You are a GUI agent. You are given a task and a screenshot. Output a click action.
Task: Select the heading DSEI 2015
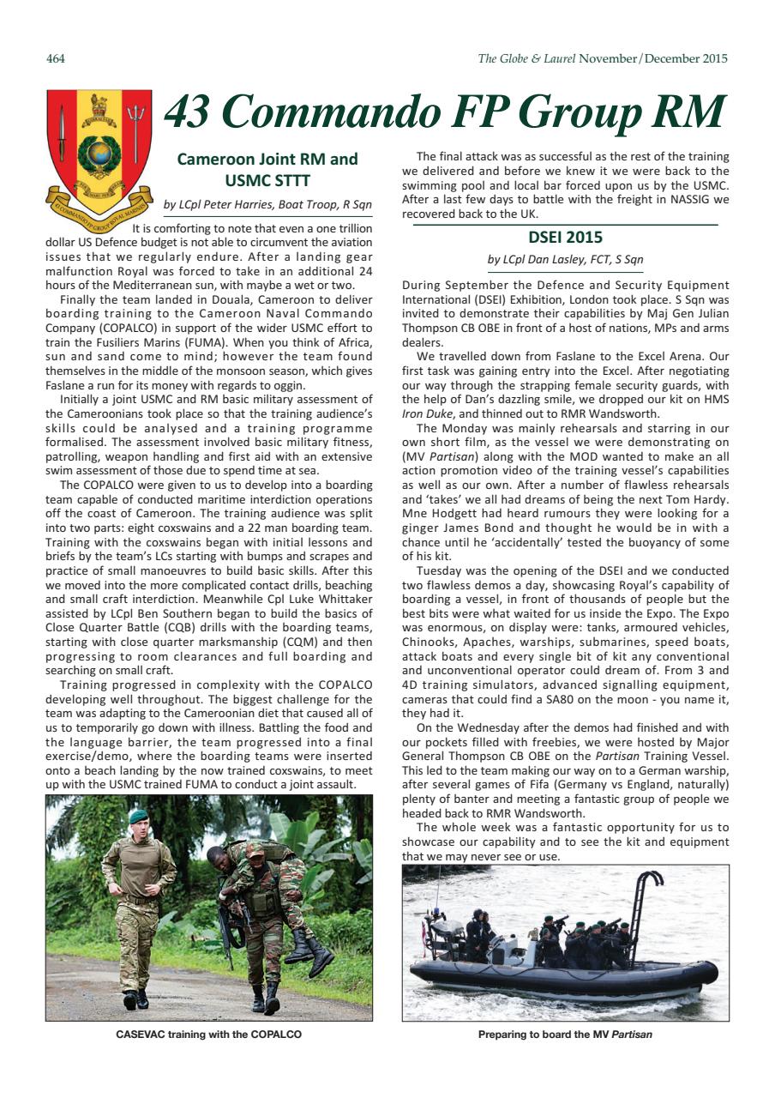coord(565,237)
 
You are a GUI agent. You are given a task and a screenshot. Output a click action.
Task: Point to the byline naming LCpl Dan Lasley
coord(565,258)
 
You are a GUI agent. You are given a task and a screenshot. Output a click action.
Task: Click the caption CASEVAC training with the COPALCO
coord(208,1035)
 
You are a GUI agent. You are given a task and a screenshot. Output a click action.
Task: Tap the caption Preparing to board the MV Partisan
coord(565,1035)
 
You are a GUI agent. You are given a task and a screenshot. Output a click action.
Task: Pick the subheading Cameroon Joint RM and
coord(267,159)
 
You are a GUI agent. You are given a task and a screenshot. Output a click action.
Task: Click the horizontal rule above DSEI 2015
coord(565,225)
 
